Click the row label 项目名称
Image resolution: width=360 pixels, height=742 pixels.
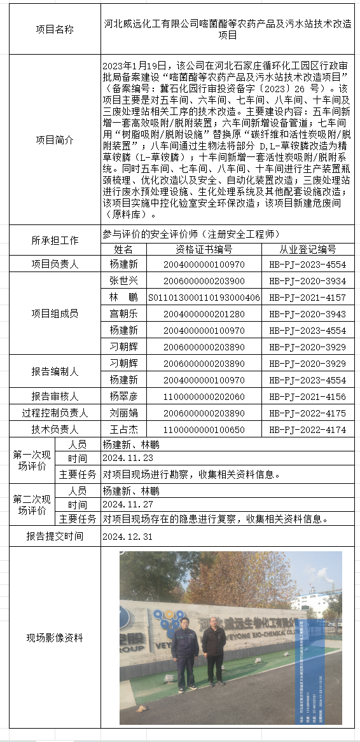pyautogui.click(x=55, y=29)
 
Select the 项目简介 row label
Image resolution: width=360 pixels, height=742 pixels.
pyautogui.click(x=55, y=140)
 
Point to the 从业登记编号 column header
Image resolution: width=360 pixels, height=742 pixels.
pyautogui.click(x=307, y=249)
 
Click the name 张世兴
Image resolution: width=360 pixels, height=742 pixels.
pyautogui.click(x=123, y=280)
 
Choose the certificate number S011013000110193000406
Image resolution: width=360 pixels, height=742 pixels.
pyautogui.click(x=203, y=298)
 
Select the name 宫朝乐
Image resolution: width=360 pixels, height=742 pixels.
pyautogui.click(x=123, y=314)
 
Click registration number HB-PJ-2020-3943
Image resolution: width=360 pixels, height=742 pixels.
pyautogui.click(x=307, y=314)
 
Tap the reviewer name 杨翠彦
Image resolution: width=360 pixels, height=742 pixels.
pyautogui.click(x=123, y=397)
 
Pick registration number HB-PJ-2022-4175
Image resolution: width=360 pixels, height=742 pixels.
pyautogui.click(x=307, y=413)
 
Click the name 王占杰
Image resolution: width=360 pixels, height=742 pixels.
pyautogui.click(x=123, y=430)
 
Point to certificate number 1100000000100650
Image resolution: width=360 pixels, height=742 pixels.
pyautogui.click(x=203, y=430)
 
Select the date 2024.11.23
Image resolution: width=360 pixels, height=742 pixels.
pyautogui.click(x=127, y=458)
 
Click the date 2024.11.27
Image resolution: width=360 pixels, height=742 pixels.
pyautogui.click(x=127, y=505)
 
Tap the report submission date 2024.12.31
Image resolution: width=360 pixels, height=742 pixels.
pyautogui.click(x=127, y=537)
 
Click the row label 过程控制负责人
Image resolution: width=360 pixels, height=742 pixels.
pyautogui.click(x=55, y=413)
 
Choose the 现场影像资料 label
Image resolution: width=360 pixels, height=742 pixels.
pyautogui.click(x=55, y=638)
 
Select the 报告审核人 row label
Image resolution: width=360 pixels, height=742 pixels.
pyautogui.click(x=55, y=397)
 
